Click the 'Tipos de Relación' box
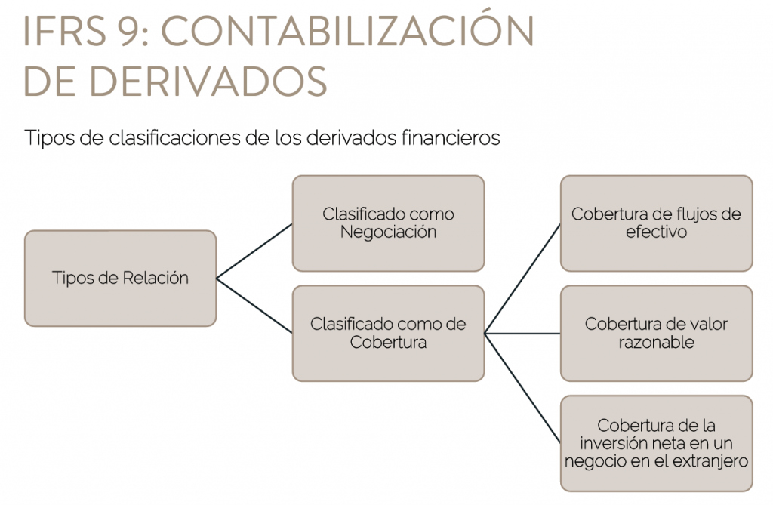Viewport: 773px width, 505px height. pos(120,278)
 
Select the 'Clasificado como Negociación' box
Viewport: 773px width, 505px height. pos(389,223)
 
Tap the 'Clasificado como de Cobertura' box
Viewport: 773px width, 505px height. pos(389,334)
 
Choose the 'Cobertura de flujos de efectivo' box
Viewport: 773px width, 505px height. pos(657,223)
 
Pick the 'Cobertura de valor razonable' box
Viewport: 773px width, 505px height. pos(657,334)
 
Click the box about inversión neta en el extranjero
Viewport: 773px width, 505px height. pos(657,443)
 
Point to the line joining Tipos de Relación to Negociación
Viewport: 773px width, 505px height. pos(254,251)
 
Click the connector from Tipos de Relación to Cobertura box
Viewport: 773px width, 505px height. pos(254,306)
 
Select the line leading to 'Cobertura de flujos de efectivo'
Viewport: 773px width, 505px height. pos(522,279)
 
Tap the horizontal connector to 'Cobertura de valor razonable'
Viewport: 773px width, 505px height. pos(522,334)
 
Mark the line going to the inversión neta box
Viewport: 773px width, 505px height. pos(522,389)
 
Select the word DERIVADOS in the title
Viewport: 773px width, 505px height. pos(208,81)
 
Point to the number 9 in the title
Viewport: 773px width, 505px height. pos(128,31)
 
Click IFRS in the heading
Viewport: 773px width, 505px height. pos(65,31)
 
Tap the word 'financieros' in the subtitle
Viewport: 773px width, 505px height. pos(451,137)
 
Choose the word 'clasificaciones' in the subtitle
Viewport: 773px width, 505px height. pos(174,137)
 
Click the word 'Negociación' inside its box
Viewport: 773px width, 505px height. pos(389,232)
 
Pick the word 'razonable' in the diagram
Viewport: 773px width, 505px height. pos(657,342)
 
